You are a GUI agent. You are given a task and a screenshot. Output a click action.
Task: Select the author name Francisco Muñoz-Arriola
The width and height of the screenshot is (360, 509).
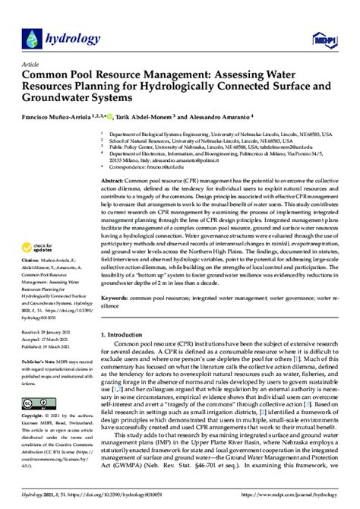[x=58, y=119]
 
